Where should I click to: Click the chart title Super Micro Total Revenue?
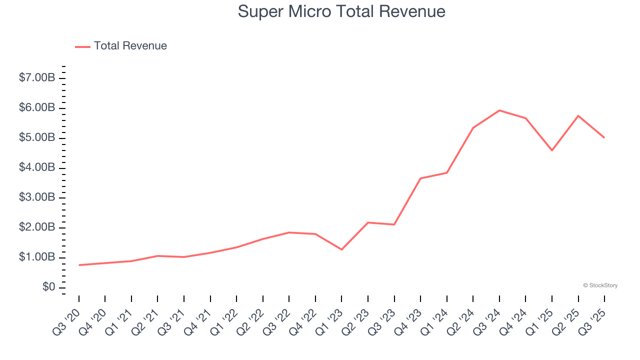click(x=341, y=11)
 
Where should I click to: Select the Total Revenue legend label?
click(x=130, y=46)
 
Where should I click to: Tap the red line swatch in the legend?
click(x=82, y=46)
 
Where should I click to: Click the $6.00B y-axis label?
click(x=37, y=108)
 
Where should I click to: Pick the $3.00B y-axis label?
click(x=37, y=197)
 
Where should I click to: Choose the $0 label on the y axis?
click(x=48, y=287)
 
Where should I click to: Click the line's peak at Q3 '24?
click(x=499, y=110)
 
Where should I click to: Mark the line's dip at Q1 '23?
click(x=341, y=249)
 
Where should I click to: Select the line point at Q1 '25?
click(x=552, y=150)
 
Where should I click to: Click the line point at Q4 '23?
click(x=420, y=178)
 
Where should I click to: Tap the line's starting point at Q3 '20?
click(x=79, y=265)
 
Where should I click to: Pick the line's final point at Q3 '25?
click(x=604, y=137)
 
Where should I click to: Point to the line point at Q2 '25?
click(x=578, y=115)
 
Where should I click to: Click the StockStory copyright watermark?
click(x=600, y=285)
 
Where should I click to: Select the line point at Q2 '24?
click(x=473, y=127)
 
